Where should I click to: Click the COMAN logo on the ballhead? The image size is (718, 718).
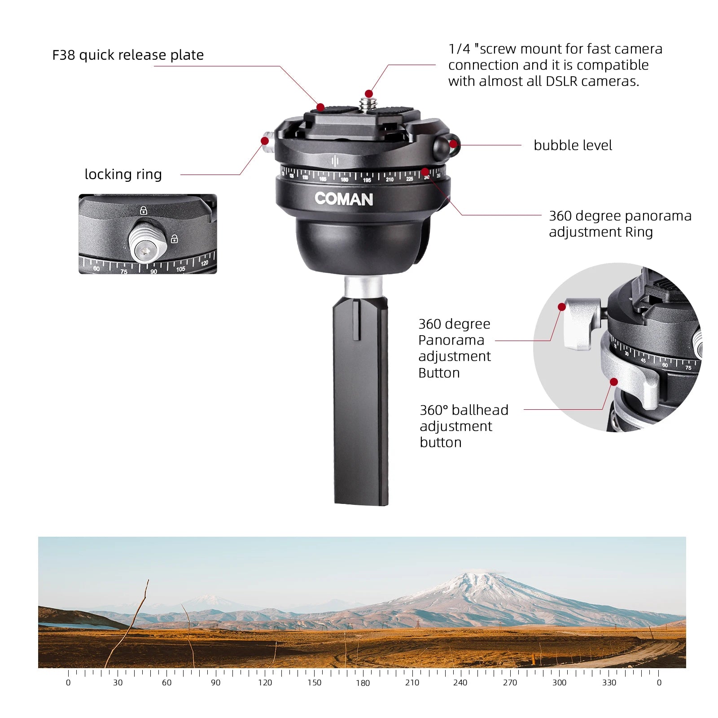click(x=344, y=199)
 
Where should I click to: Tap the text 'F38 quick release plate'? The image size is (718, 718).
click(x=128, y=55)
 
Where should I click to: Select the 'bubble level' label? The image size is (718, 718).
click(x=573, y=145)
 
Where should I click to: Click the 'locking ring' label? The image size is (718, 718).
click(x=123, y=174)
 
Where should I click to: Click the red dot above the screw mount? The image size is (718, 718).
click(x=369, y=94)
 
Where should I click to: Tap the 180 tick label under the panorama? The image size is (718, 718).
click(x=363, y=683)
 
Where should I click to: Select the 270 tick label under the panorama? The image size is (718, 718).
click(x=510, y=683)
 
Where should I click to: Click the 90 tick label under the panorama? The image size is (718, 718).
click(x=216, y=683)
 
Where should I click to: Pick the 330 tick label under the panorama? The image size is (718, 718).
click(x=609, y=683)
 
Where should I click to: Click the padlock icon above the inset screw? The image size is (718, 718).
click(x=143, y=210)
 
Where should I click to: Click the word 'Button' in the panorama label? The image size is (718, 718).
click(x=439, y=373)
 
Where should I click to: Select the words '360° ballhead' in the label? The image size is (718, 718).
click(x=464, y=410)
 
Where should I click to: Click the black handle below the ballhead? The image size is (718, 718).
click(x=361, y=402)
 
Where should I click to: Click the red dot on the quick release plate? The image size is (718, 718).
click(x=320, y=107)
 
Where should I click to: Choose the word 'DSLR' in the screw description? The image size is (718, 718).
click(x=563, y=81)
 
